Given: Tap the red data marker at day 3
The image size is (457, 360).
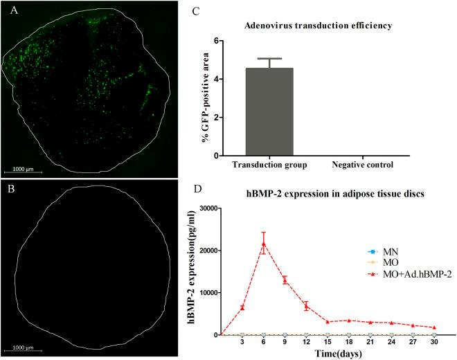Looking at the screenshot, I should tap(242, 307).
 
